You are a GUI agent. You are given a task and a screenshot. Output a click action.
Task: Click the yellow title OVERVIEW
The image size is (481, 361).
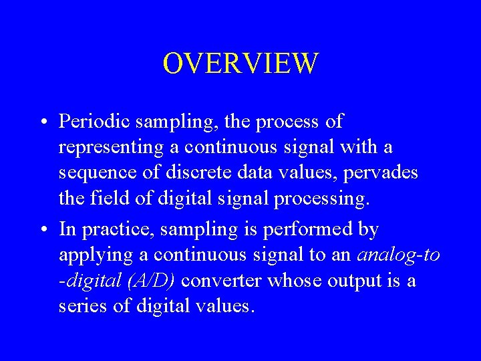tap(240, 64)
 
